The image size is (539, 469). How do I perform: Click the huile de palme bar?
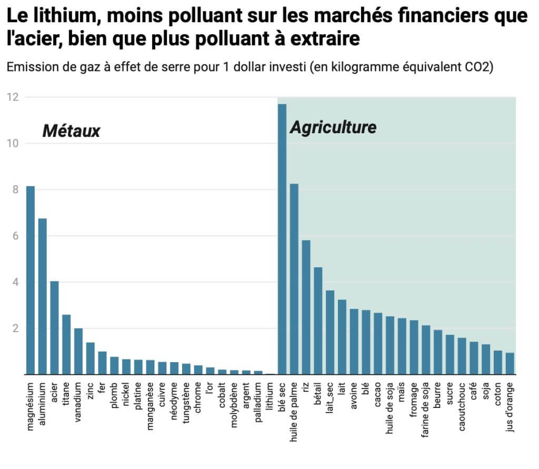point(294,279)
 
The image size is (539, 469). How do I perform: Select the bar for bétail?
point(318,321)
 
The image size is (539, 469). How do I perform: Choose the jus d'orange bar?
point(510,363)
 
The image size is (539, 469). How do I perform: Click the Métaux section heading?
point(71,131)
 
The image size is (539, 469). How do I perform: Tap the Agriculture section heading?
point(333,127)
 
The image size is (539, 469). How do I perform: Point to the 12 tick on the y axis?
point(13,97)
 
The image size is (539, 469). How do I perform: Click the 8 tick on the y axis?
point(16,189)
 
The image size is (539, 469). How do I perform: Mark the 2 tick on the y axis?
point(16,328)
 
